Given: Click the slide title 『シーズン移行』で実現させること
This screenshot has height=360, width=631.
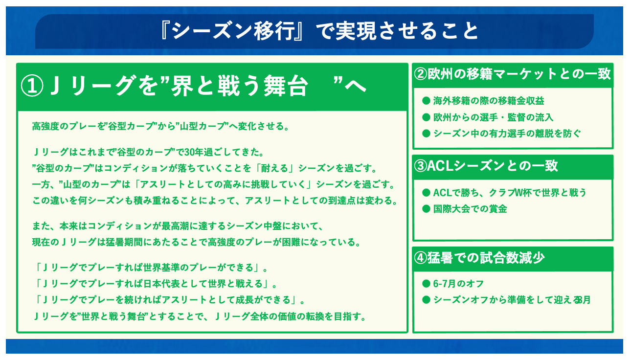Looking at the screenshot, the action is click(x=319, y=31).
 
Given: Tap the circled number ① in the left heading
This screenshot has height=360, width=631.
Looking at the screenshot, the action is click(x=32, y=86).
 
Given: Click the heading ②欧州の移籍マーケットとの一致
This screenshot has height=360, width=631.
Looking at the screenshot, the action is click(x=513, y=74).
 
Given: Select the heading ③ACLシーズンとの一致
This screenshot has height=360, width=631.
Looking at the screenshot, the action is click(x=486, y=166).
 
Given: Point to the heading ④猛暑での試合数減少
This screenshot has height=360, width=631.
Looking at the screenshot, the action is click(x=479, y=258).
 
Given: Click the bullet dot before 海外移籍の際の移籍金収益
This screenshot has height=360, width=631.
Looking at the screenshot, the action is click(x=426, y=101).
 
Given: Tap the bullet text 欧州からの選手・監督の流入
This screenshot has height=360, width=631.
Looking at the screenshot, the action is click(x=493, y=117).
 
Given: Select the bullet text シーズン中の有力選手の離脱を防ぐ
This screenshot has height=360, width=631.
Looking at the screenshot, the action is click(x=507, y=134).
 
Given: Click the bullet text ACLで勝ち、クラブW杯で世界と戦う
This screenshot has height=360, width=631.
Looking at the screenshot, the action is click(x=510, y=193).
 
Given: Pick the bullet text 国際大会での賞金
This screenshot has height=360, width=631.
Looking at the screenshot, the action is click(x=470, y=209).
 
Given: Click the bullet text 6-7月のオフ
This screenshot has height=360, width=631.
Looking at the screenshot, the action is click(x=458, y=283).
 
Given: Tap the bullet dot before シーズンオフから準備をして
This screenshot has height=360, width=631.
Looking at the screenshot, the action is click(x=426, y=300).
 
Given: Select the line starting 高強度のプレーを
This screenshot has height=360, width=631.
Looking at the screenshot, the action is click(x=161, y=126).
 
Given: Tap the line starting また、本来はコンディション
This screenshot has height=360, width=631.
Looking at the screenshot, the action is click(x=178, y=226).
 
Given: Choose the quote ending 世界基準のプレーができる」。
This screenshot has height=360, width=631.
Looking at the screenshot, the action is click(x=151, y=268).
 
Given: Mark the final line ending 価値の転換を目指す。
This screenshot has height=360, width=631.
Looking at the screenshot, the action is click(x=200, y=316).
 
